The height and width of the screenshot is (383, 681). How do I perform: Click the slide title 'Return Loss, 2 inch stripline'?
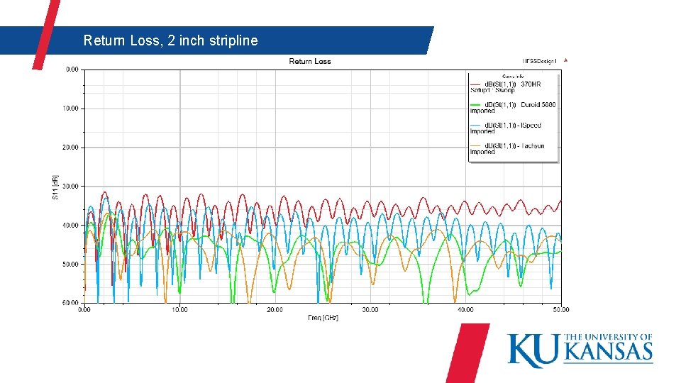[x=170, y=40]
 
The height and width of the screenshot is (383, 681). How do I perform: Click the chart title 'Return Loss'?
[x=310, y=61]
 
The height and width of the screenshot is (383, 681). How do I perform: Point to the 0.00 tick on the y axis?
[x=72, y=70]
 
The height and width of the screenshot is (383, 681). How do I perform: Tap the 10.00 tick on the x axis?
[x=179, y=309]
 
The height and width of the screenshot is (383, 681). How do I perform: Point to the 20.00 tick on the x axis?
[x=275, y=309]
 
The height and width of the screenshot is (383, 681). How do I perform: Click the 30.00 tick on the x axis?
[x=370, y=309]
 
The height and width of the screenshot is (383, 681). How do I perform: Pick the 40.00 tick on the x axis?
[x=465, y=309]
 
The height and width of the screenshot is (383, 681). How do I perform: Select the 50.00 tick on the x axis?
[x=560, y=309]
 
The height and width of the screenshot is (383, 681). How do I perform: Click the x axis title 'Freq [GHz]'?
[x=323, y=317]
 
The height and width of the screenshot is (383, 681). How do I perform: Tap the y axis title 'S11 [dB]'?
[x=56, y=187]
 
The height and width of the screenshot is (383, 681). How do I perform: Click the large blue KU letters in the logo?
[x=534, y=350]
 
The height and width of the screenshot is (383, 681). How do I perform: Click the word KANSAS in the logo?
[x=609, y=352]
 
